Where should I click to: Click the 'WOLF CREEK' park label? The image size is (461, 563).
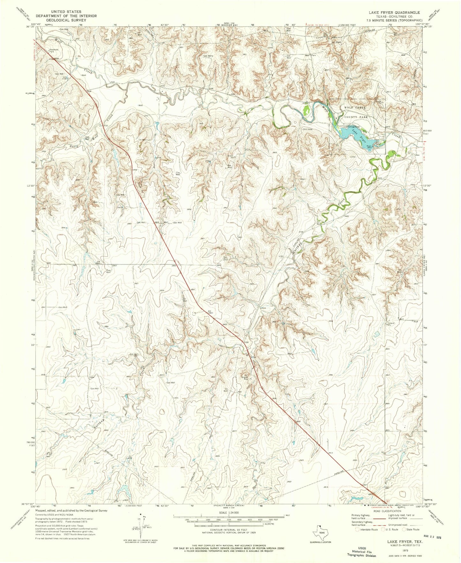355,108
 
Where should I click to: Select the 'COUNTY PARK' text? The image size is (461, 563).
356,117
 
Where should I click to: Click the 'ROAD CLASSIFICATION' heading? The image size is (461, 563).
387,511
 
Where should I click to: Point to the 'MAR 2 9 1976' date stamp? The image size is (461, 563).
431,537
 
